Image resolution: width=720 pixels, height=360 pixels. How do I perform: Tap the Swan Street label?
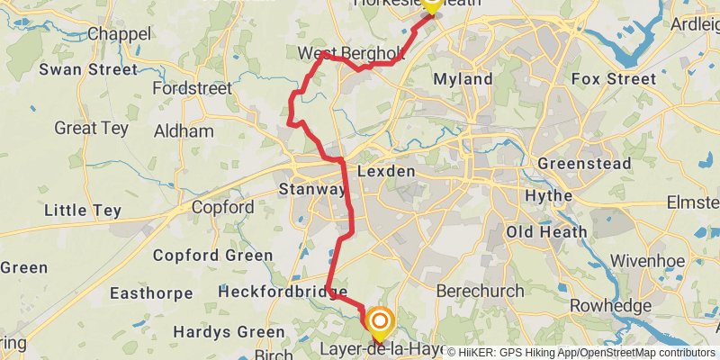tap(88, 69)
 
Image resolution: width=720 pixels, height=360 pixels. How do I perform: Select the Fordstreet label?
tap(193, 88)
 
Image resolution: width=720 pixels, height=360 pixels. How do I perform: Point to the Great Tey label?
tap(91, 129)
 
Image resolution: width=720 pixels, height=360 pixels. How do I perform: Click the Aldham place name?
tap(184, 131)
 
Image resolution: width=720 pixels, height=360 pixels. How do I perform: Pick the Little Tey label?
tap(83, 211)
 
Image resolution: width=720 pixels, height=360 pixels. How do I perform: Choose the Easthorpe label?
tap(150, 293)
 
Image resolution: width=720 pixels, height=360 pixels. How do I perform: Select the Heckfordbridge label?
tap(282, 292)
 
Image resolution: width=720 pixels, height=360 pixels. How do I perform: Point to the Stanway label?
tap(311, 190)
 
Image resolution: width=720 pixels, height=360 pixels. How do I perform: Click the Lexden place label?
tap(386, 171)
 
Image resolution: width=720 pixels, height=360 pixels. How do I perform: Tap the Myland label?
tap(463, 79)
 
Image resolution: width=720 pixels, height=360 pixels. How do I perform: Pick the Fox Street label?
tap(614, 79)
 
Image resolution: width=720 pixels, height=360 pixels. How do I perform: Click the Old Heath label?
tap(546, 232)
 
